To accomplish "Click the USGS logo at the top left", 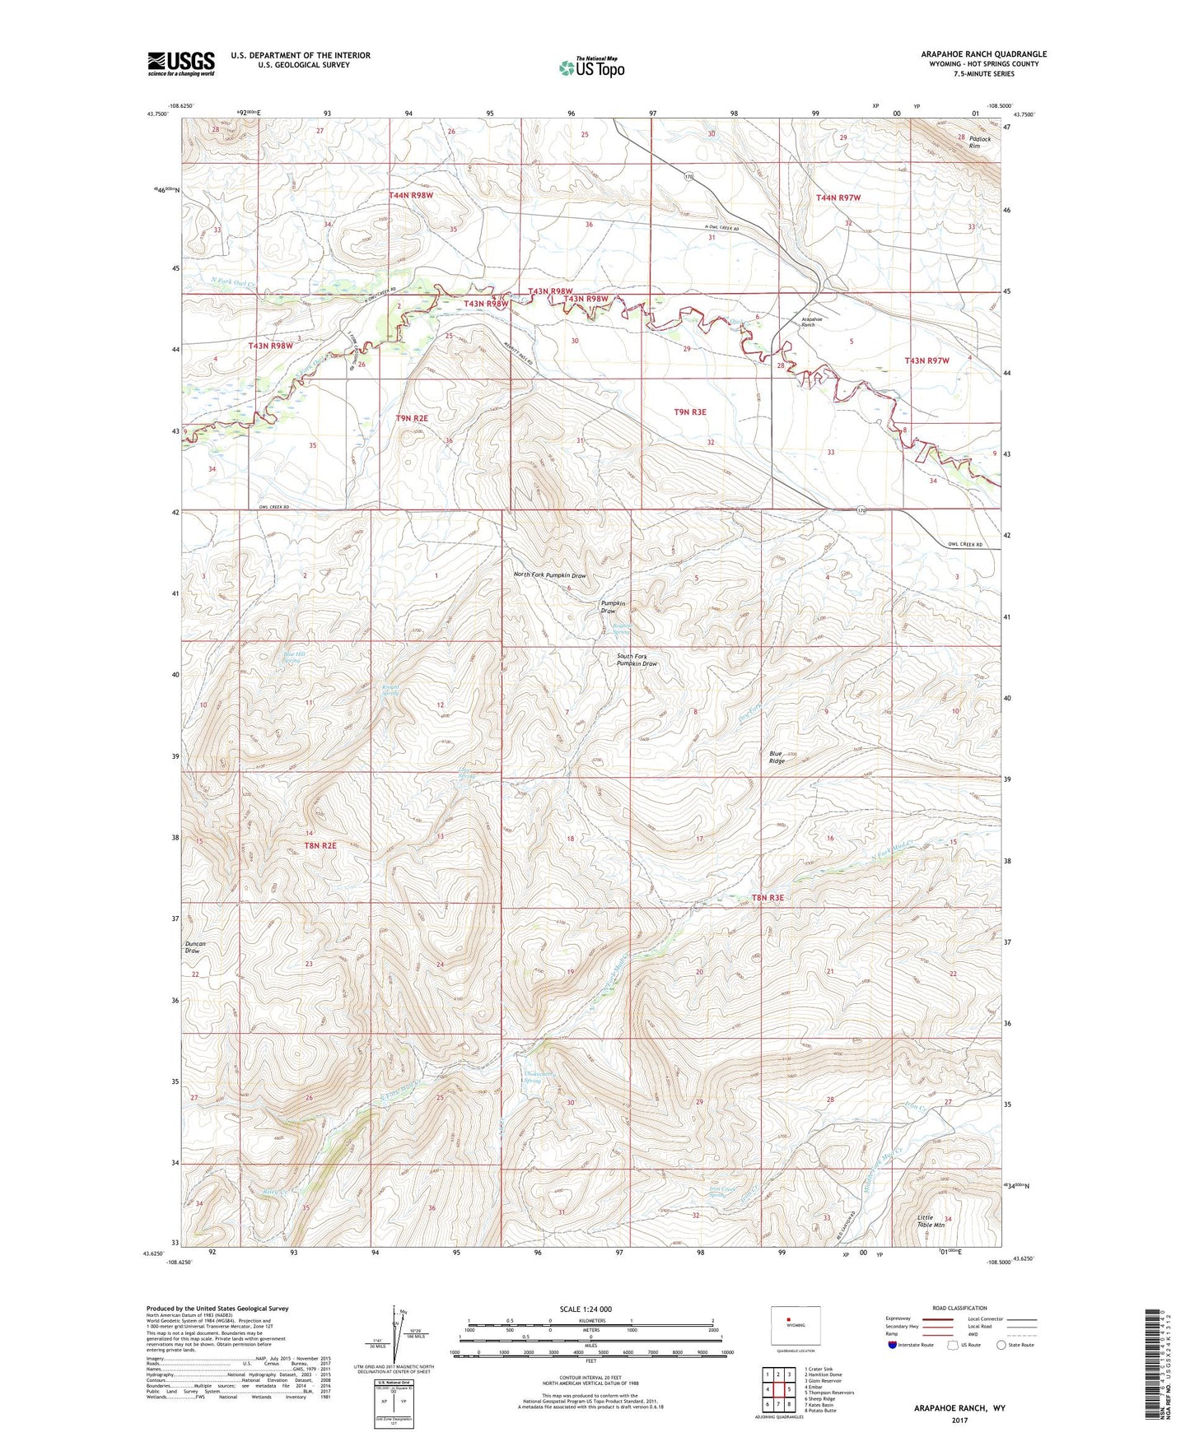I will click(x=181, y=63).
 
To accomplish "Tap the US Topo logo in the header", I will click(x=592, y=67).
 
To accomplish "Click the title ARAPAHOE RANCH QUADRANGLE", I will click(x=983, y=54).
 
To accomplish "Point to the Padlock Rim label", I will click(x=979, y=142).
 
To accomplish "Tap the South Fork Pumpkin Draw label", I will click(x=637, y=660).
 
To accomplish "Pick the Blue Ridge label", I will click(x=777, y=757).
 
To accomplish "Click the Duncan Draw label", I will click(x=195, y=947).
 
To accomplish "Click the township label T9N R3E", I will click(x=690, y=412).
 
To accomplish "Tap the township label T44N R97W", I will click(x=838, y=198).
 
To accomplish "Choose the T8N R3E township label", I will click(x=767, y=898).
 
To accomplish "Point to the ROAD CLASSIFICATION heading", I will click(x=959, y=1308).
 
